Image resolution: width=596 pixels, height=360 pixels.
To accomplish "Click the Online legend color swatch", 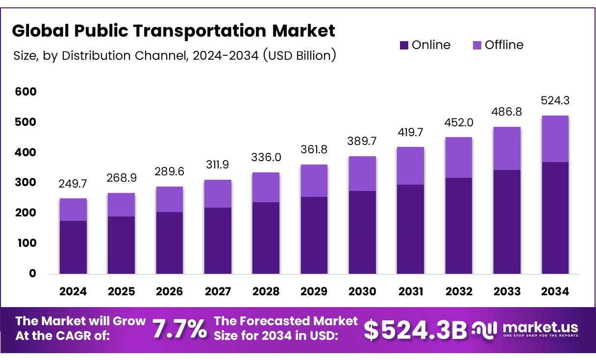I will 404,46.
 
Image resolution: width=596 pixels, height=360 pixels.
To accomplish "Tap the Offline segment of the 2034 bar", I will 555,139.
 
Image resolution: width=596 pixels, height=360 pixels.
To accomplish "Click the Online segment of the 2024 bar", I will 73,247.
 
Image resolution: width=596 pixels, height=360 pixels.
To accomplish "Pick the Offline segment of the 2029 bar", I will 314,181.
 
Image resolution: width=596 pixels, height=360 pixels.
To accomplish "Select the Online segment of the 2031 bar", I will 411,229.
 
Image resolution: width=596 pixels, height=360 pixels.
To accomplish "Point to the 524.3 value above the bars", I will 555,100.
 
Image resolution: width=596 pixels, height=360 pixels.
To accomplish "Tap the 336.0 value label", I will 266,157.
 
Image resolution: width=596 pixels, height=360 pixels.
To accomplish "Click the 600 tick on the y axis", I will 26,92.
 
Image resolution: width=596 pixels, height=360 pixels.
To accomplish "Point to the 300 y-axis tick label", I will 26,183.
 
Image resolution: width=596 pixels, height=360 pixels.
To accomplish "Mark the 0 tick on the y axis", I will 32,273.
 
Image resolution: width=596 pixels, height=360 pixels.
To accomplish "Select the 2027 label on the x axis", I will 218,291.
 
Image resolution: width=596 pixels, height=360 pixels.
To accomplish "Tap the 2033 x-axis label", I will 507,291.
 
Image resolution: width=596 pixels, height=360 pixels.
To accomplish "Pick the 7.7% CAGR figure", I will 179,328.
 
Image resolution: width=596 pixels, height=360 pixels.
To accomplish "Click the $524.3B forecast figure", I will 415,329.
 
